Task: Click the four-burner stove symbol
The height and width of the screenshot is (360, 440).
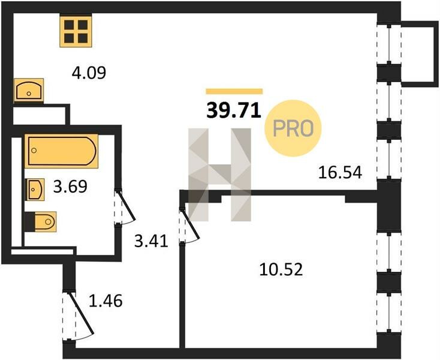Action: (76, 31)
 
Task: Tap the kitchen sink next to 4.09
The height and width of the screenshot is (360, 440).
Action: (29, 90)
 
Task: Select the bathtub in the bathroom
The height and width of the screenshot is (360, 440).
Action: (61, 151)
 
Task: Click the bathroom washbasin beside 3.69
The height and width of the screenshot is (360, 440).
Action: (35, 189)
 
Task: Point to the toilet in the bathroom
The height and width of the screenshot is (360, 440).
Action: (41, 221)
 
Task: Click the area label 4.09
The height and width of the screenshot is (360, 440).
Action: (89, 73)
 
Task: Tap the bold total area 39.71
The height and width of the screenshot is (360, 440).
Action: (234, 110)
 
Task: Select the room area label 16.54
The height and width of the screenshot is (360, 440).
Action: (340, 172)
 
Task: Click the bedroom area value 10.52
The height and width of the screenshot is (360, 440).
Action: (281, 269)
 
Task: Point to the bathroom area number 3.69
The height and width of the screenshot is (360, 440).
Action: (70, 187)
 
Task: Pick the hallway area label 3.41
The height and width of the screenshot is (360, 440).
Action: (151, 241)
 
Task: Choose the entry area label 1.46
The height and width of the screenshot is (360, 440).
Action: (106, 301)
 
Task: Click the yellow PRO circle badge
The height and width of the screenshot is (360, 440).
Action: (293, 128)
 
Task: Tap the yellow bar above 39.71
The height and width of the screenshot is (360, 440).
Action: (234, 91)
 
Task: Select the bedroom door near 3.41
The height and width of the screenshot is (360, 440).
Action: (191, 224)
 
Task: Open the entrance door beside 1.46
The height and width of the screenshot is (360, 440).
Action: (82, 314)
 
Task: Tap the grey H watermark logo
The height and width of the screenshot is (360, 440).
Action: (220, 175)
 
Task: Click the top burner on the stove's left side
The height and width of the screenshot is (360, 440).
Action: (69, 25)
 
